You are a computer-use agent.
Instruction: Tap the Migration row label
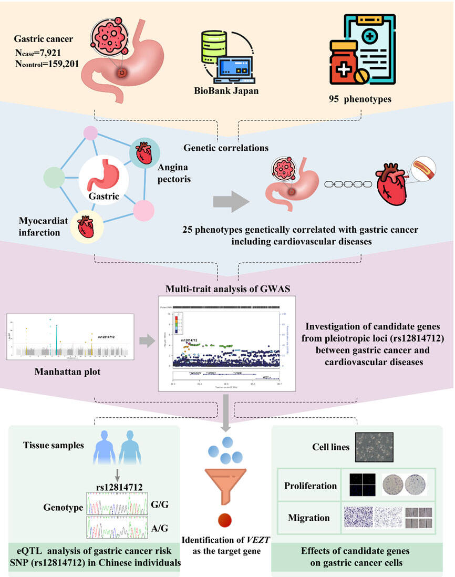click(309, 518)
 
